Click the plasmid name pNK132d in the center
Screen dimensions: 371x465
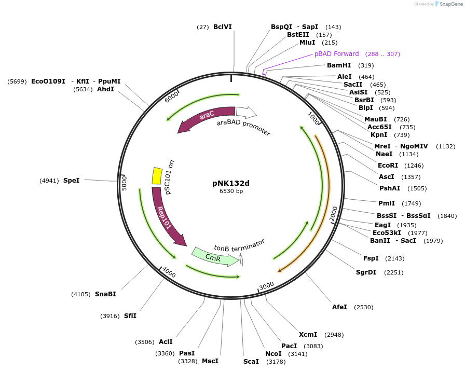pos(231,183)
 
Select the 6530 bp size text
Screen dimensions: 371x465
pos(231,191)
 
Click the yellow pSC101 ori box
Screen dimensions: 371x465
pos(156,175)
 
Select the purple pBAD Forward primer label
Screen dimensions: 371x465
pos(336,54)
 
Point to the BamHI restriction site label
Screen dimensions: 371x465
pos(339,65)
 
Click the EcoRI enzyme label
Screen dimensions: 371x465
pos(388,166)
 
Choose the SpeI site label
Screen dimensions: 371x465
pos(72,181)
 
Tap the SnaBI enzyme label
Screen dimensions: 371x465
pos(105,294)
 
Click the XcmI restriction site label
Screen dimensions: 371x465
pos(308,335)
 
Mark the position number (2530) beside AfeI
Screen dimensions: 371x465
pos(363,307)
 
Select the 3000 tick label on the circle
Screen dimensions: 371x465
pos(266,285)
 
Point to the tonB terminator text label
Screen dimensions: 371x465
pos(239,244)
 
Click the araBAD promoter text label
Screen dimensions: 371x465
pos(244,128)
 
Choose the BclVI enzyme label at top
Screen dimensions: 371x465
pos(223,27)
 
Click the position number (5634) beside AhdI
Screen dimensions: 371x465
pos(83,89)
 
